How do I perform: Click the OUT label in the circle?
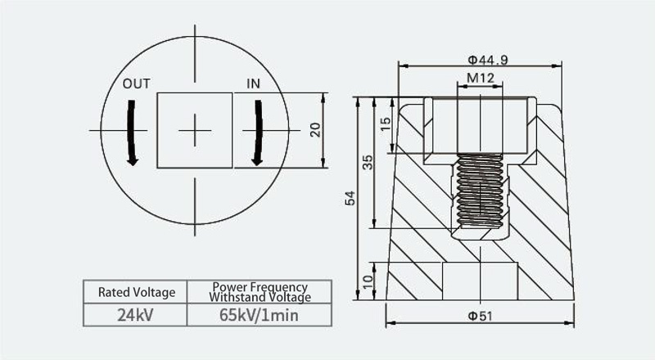click(x=136, y=84)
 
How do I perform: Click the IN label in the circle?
click(x=253, y=84)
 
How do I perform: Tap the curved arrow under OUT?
click(x=132, y=133)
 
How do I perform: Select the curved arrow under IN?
click(x=258, y=133)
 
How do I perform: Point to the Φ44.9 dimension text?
click(x=488, y=61)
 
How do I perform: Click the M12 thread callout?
click(x=481, y=78)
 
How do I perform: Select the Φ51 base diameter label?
click(x=480, y=316)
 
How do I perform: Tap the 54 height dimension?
click(x=350, y=198)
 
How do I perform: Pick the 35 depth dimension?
click(x=368, y=162)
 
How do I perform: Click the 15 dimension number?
click(x=386, y=124)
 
